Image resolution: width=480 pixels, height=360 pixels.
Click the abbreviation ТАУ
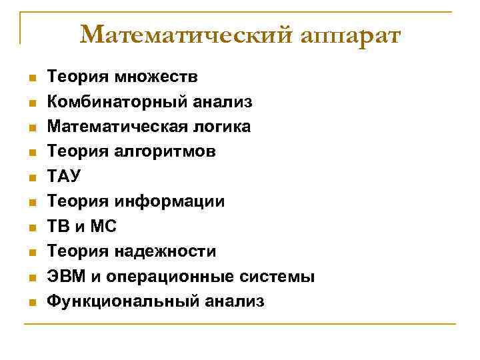pos(61,177)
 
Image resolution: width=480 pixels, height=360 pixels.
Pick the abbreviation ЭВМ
pos(64,277)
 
